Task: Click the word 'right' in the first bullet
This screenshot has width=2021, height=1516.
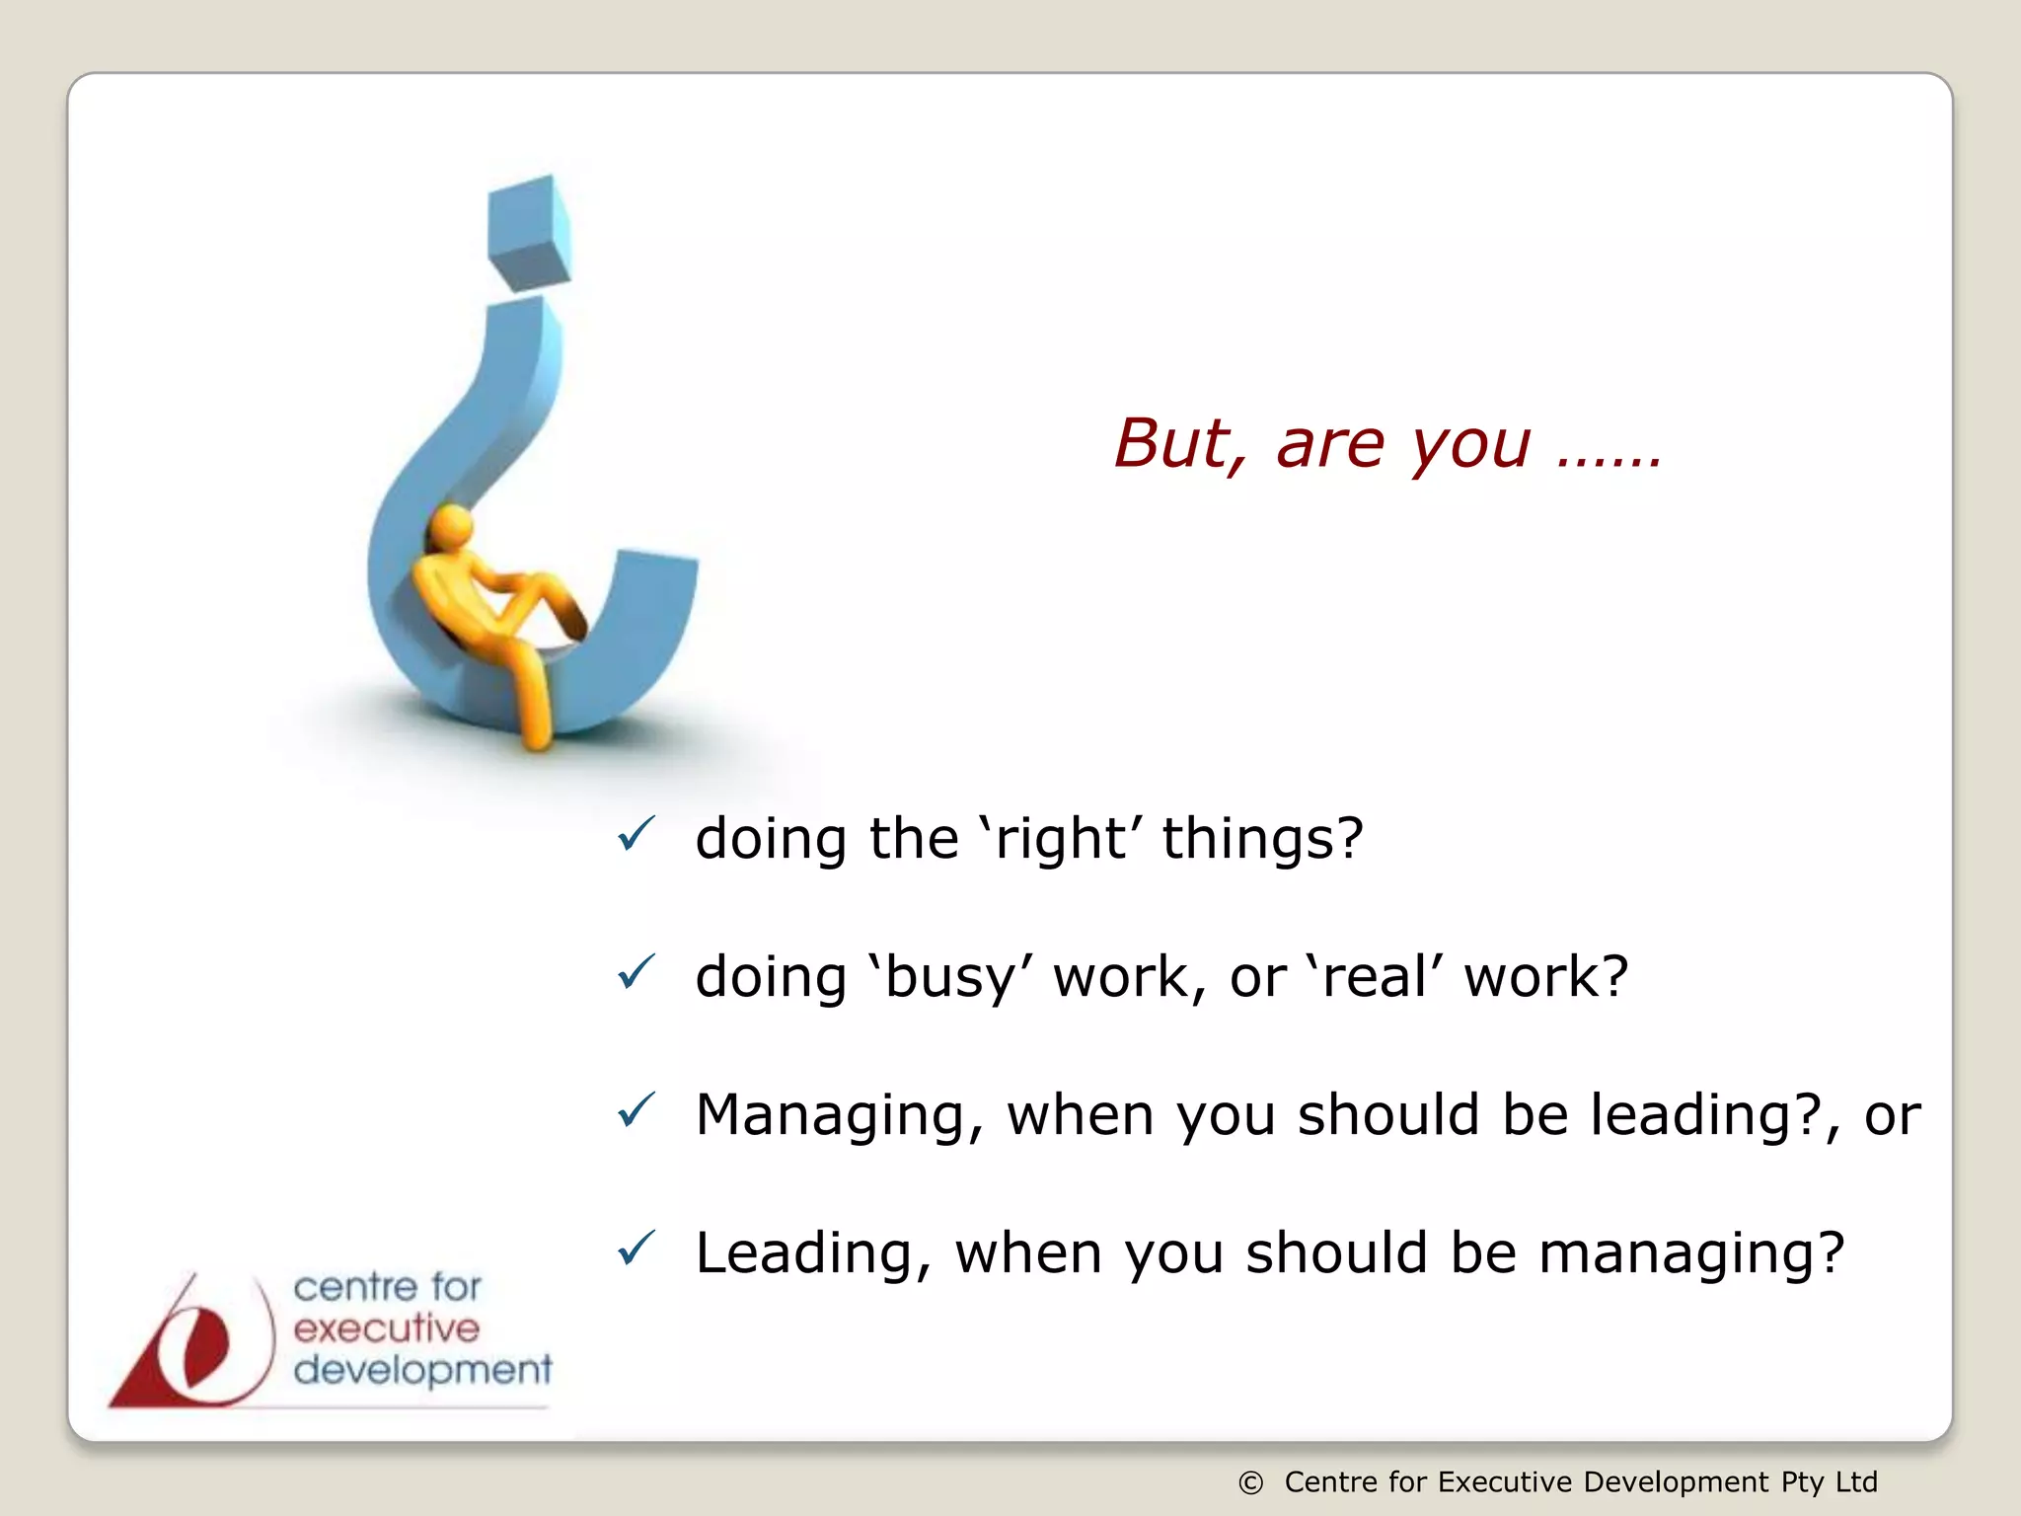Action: [1060, 839]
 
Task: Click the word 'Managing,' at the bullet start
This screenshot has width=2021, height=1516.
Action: [840, 1115]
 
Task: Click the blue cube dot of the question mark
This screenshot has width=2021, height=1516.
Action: [530, 233]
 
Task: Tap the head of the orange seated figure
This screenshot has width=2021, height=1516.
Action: [452, 527]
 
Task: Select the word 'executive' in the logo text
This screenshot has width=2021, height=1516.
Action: [386, 1328]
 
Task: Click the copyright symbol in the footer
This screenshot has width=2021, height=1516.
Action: [1250, 1482]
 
